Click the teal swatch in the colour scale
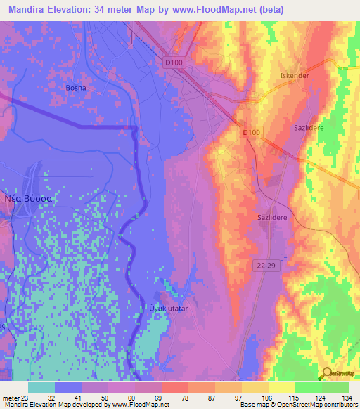41,387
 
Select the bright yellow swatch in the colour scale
281,387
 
